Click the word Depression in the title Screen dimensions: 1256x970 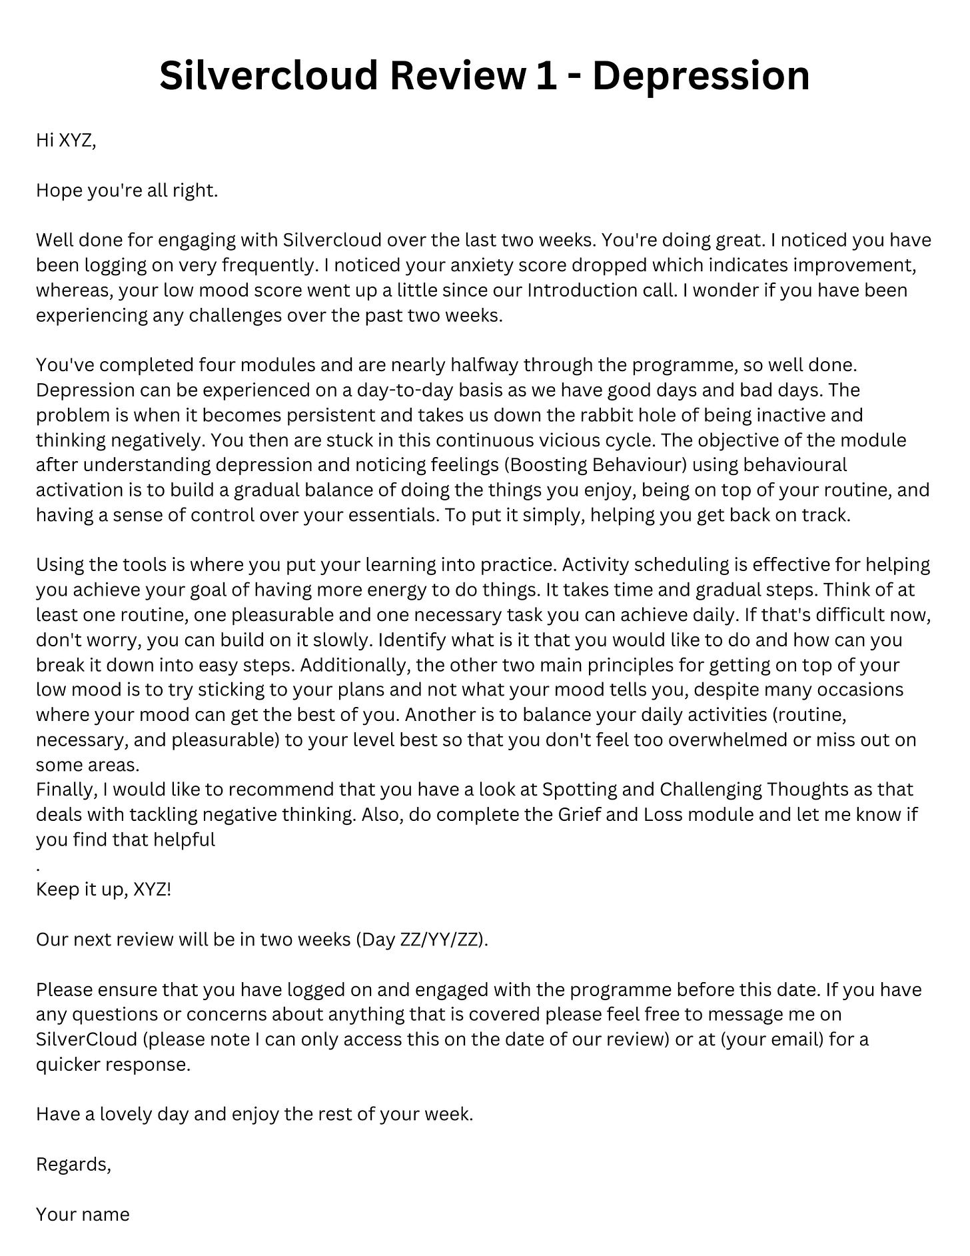701,75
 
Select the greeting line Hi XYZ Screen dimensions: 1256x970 66,141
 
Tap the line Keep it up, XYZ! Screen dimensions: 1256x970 103,890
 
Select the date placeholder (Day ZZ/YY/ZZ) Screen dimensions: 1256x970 422,940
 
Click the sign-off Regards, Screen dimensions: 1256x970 73,1165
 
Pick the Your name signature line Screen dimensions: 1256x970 83,1215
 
